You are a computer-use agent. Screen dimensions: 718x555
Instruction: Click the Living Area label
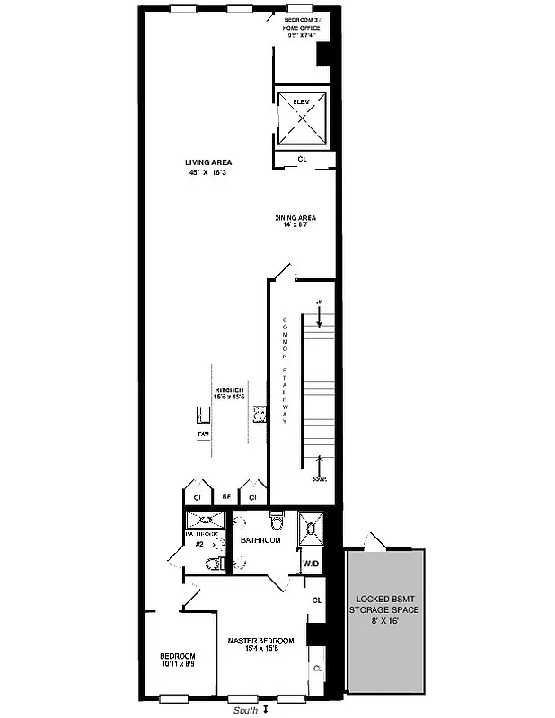pyautogui.click(x=208, y=162)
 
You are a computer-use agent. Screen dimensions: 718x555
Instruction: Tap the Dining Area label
pyautogui.click(x=295, y=217)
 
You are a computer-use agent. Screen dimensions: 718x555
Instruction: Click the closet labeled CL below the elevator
pyautogui.click(x=302, y=160)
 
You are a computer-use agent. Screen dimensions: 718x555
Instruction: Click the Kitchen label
pyautogui.click(x=229, y=390)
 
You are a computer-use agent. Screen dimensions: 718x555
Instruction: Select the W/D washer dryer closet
pyautogui.click(x=311, y=564)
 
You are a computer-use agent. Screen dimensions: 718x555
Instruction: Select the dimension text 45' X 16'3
pyautogui.click(x=208, y=172)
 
